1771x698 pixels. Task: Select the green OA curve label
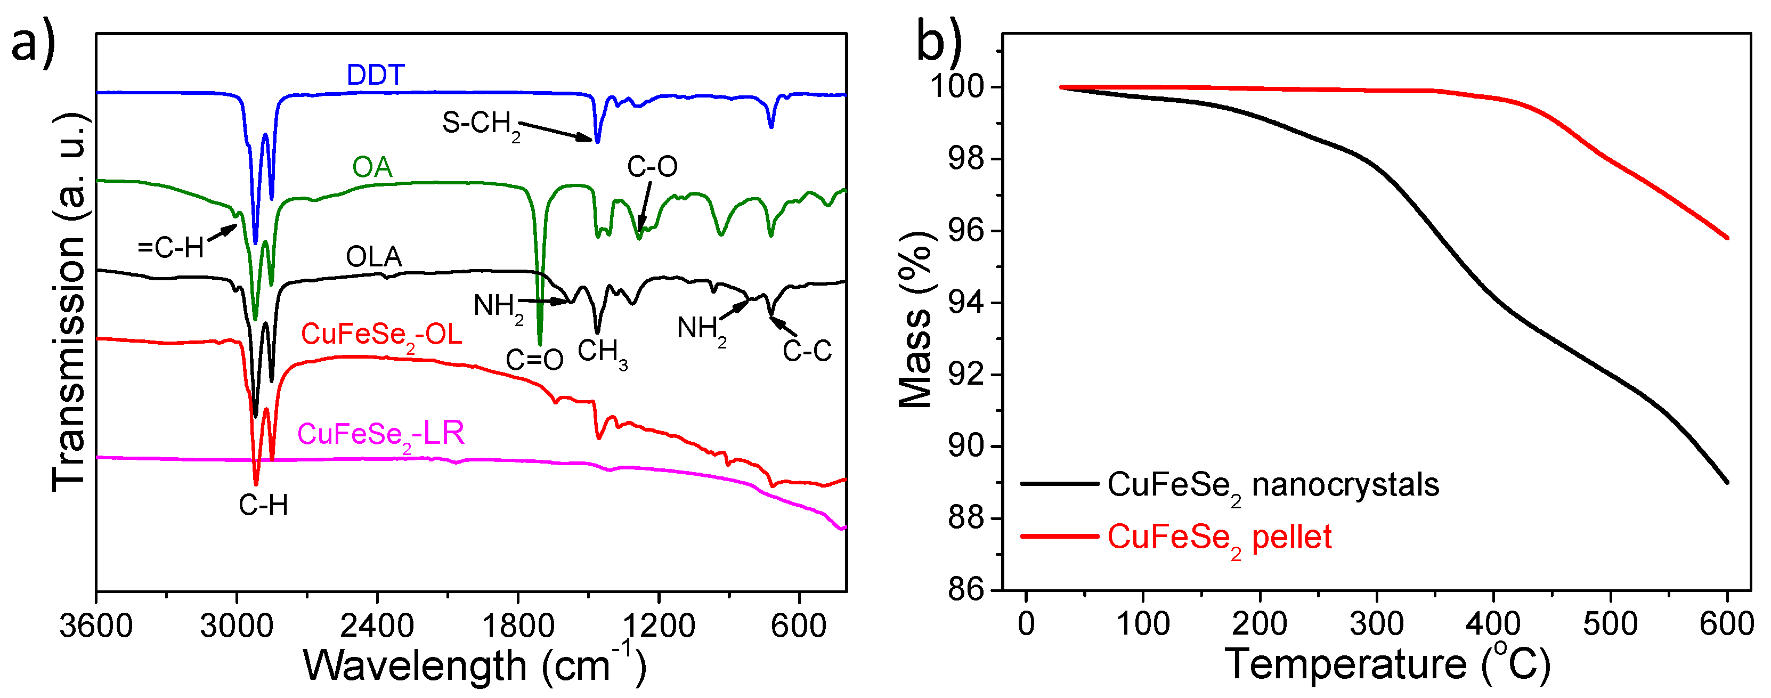pos(372,167)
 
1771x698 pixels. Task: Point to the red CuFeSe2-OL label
pos(381,336)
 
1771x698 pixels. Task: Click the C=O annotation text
pos(534,360)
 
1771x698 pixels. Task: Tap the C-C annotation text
pos(807,352)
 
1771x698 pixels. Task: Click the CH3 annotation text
pos(602,352)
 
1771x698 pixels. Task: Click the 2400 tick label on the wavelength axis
pos(377,626)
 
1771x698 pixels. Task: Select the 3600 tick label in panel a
pos(96,626)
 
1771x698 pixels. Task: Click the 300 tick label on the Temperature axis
pos(1376,624)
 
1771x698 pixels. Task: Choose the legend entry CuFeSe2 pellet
pos(1218,538)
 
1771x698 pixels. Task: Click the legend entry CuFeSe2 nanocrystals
pos(1272,485)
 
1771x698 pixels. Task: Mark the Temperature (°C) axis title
pos(1388,664)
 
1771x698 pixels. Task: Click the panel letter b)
pos(939,41)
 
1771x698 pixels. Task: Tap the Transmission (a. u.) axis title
pos(69,303)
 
